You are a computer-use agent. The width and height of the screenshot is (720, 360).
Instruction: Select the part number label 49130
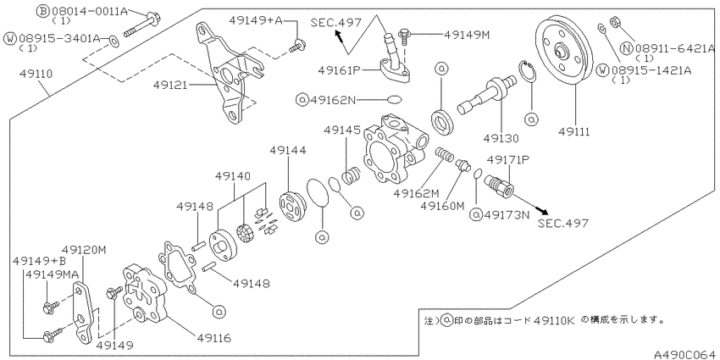[501, 138]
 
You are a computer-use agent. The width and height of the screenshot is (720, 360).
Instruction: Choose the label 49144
[287, 150]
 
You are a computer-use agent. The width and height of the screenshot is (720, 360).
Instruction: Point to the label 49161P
[339, 70]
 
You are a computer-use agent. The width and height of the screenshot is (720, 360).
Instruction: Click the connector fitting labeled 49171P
[500, 185]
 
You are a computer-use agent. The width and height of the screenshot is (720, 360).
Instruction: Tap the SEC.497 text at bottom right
[563, 223]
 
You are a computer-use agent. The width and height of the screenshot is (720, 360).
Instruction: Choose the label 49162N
[332, 99]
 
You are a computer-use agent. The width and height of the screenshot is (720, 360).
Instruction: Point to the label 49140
[234, 175]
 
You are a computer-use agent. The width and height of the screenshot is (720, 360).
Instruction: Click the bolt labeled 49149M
[404, 36]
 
